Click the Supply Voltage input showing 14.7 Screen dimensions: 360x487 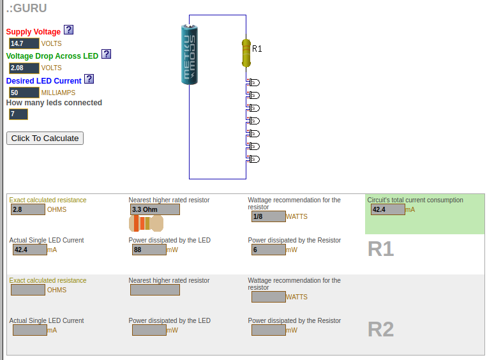point(24,43)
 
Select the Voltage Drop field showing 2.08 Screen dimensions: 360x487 point(24,68)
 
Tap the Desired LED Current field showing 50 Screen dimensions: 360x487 point(24,93)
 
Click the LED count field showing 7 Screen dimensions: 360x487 point(19,114)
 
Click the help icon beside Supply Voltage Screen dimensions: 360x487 point(69,30)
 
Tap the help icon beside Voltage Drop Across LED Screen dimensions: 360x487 point(107,54)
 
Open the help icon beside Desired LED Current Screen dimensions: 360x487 point(89,79)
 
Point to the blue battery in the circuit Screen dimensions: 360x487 point(190,54)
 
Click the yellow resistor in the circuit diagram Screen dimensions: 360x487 point(246,52)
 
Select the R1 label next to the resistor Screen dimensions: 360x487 point(257,49)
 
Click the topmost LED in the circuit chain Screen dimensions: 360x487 point(253,82)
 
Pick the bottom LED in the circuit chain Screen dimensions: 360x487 point(253,159)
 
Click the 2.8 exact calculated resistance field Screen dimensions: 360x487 point(28,209)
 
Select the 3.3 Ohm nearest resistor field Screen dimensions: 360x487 point(154,209)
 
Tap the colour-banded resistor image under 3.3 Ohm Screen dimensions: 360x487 point(146,223)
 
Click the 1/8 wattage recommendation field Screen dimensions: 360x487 point(269,216)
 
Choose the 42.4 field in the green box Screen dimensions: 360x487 point(387,209)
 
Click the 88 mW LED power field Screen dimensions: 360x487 point(149,250)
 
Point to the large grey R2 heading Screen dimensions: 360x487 point(380,329)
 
